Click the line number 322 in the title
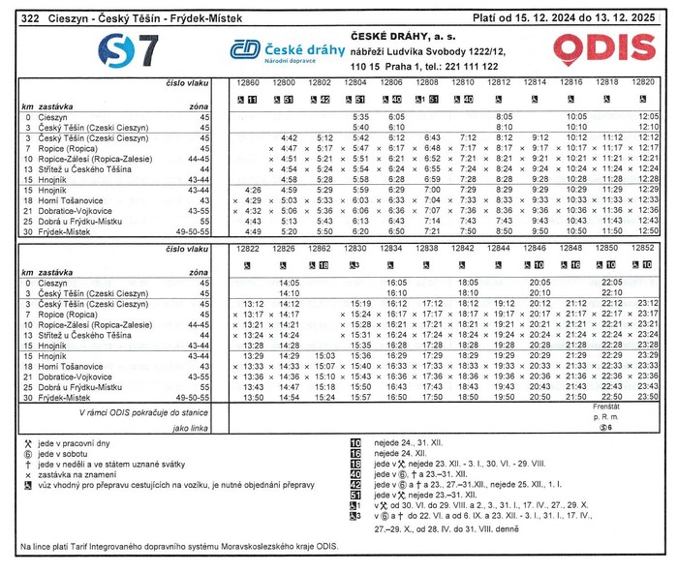click(30, 17)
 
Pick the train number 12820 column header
click(643, 83)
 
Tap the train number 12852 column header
click(643, 249)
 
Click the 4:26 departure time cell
click(255, 190)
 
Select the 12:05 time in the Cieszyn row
click(648, 116)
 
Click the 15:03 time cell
click(325, 356)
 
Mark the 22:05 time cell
click(612, 282)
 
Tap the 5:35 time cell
click(361, 116)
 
